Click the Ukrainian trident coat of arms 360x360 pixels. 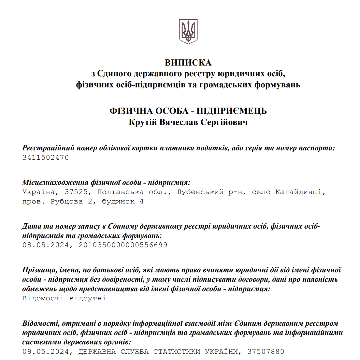click(188, 31)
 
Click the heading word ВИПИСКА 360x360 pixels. click(188, 63)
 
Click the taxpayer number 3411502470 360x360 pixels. click(46, 158)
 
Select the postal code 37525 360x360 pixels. click(76, 192)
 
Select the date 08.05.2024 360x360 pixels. click(46, 245)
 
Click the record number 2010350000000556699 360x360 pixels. click(123, 245)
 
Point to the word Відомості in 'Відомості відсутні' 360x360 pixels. click(43, 298)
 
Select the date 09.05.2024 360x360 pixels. click(46, 352)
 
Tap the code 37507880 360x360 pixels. click(266, 352)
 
